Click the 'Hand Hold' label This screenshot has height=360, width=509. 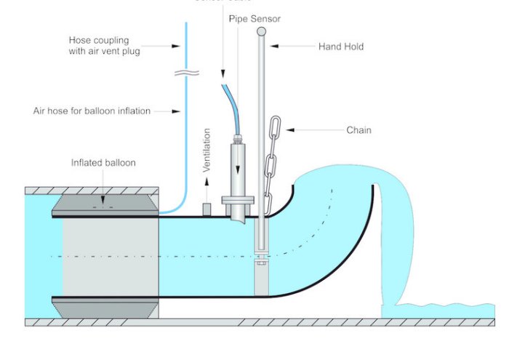(x=340, y=47)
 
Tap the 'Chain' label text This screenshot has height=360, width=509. (x=358, y=130)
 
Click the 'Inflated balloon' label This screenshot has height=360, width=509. (x=103, y=163)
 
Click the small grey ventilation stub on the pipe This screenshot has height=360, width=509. (x=207, y=209)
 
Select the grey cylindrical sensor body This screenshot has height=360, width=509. (x=237, y=167)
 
